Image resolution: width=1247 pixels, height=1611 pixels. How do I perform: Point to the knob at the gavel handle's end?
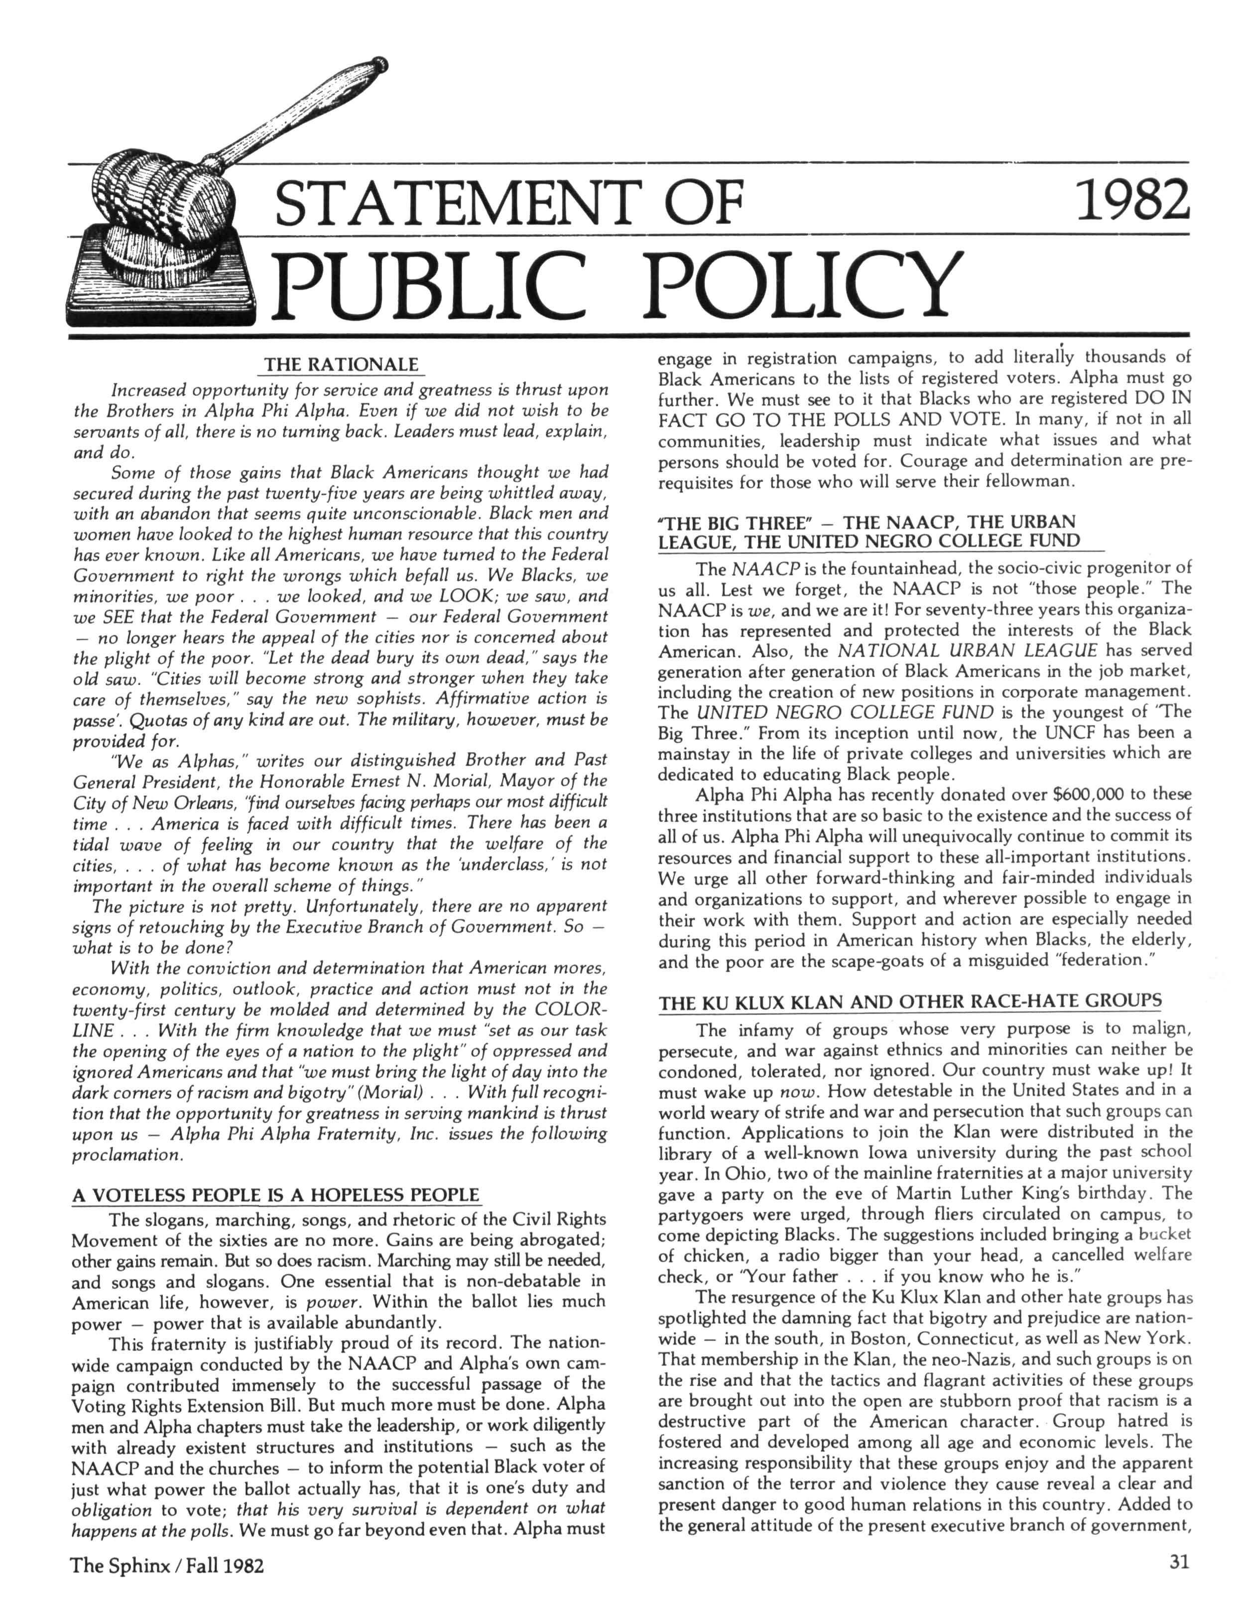coord(379,63)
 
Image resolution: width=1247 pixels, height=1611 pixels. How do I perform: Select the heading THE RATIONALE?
coord(341,365)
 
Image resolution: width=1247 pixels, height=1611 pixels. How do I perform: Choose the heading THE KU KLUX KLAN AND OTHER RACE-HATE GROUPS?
coord(910,1001)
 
